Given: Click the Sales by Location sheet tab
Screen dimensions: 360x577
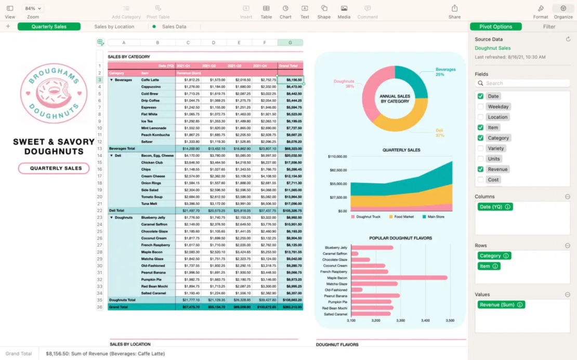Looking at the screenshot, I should click(114, 26).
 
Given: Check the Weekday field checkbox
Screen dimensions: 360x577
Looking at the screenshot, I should click(480, 106).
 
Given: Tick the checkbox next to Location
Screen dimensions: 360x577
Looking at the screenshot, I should click(480, 117).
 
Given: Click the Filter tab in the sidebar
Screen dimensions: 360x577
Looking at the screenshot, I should click(549, 26).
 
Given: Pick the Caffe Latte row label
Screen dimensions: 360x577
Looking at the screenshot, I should click(150, 80).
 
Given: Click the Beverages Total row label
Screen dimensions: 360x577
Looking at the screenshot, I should click(122, 149).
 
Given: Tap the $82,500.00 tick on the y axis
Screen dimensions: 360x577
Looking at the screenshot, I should click(337, 170).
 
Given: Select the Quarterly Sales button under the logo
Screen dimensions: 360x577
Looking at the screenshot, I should click(54, 168).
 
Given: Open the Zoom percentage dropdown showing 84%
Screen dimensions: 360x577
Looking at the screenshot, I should click(33, 9).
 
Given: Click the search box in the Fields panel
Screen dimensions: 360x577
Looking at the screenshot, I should click(522, 83).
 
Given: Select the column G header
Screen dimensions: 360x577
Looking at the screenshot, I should click(290, 43).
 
